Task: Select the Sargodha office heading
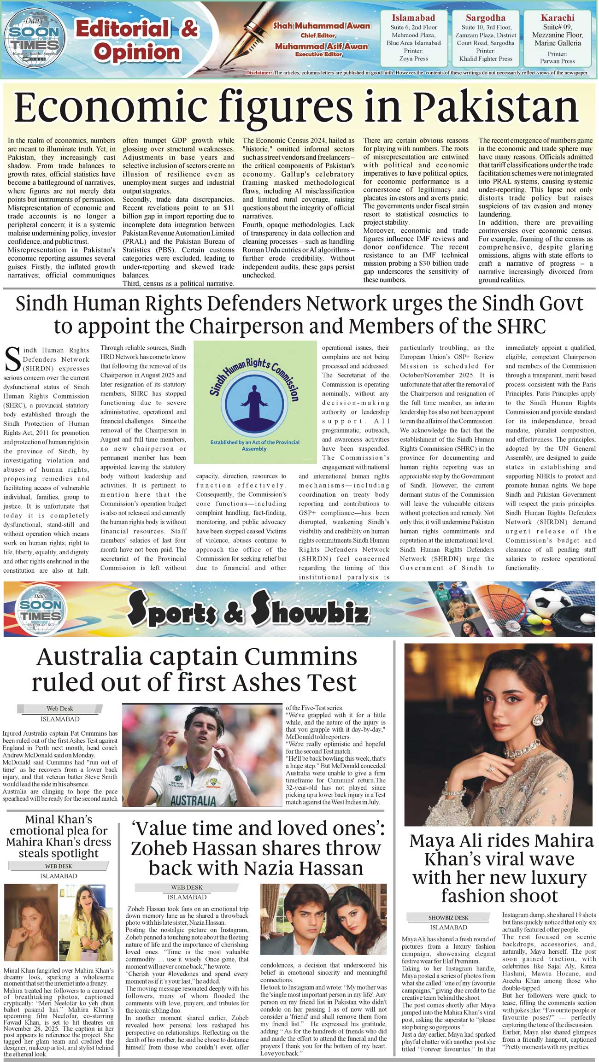pyautogui.click(x=485, y=18)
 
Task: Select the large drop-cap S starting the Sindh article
pyautogui.click(x=12, y=359)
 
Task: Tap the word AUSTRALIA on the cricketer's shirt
pyautogui.click(x=193, y=800)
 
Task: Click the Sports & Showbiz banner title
pyautogui.click(x=248, y=610)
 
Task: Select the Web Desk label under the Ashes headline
pyautogui.click(x=59, y=709)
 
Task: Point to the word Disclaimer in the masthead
pyautogui.click(x=259, y=73)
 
